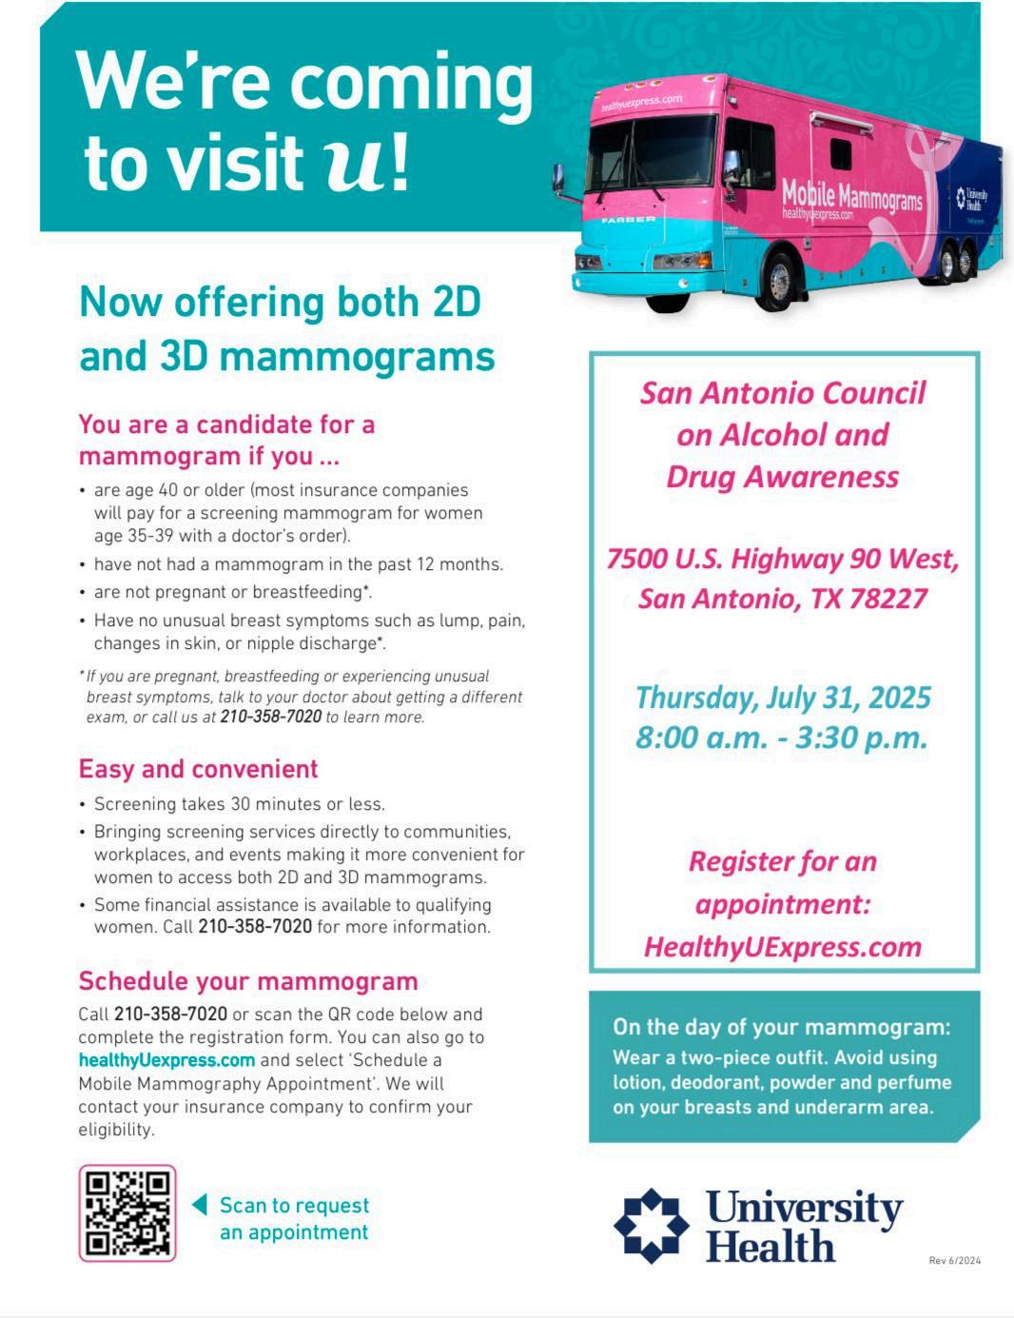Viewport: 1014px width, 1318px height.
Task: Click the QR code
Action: click(127, 1212)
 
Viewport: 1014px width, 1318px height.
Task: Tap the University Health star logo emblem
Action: click(651, 1225)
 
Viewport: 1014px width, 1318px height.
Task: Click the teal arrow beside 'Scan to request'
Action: click(200, 1205)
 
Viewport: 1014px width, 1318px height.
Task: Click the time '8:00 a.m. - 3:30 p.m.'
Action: click(782, 738)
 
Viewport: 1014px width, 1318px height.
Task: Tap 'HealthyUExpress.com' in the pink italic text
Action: click(782, 947)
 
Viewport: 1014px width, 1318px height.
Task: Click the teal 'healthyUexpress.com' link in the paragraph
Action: click(166, 1060)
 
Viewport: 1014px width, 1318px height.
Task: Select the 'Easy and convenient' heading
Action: click(198, 769)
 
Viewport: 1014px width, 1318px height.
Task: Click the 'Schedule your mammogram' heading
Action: click(247, 981)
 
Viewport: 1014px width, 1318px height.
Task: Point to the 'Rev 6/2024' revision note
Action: click(954, 1261)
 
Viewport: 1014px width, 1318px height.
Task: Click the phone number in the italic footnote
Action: click(270, 718)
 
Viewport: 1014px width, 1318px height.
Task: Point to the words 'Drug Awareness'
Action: click(782, 477)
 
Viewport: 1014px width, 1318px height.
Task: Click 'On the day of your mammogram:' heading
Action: click(781, 1027)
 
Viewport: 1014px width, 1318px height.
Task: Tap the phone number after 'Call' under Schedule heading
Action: click(170, 1014)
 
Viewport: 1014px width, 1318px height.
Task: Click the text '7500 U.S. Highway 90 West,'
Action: click(782, 559)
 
